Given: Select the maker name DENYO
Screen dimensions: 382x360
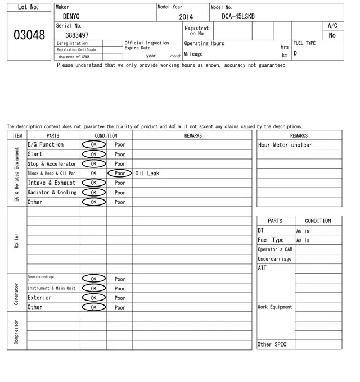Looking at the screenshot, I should click(71, 16).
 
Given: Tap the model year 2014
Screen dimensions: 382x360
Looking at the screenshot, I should click(186, 17).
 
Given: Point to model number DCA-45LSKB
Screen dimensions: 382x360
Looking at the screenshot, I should click(238, 16).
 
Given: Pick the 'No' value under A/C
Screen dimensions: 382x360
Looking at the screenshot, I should click(332, 35).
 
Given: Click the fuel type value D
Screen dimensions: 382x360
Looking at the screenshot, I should click(295, 53).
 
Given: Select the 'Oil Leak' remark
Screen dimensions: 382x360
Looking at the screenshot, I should click(147, 174).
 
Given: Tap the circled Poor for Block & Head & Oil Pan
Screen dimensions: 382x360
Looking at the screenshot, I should click(120, 174).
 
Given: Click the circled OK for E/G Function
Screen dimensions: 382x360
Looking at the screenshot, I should click(93, 145).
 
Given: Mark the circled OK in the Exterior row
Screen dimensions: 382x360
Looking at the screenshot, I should click(93, 298).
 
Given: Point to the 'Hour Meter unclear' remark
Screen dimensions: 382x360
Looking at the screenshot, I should click(285, 145).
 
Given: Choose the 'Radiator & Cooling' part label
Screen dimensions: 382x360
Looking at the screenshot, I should click(52, 193).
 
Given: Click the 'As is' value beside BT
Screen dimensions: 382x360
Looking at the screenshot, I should click(303, 231).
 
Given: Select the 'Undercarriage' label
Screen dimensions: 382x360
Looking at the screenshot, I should click(274, 259).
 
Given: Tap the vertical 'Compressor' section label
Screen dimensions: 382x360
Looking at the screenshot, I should click(17, 331).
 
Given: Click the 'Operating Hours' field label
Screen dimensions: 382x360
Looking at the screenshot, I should click(204, 43).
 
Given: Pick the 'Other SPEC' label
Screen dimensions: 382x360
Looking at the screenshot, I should click(272, 344).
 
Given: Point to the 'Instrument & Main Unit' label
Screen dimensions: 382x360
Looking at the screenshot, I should click(51, 288).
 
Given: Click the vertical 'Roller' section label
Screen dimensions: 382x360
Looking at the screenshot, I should click(17, 240).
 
